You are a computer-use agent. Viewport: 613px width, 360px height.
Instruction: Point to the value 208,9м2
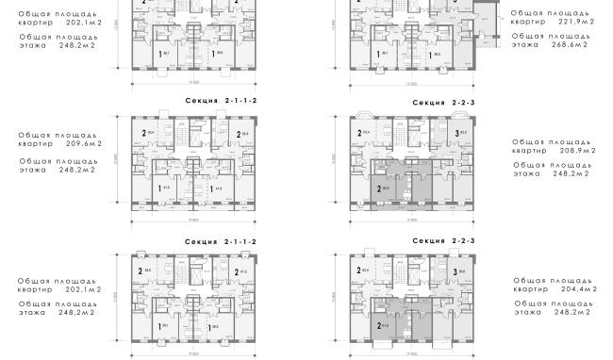coord(569,150)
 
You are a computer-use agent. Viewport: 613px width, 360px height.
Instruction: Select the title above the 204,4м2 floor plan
coord(443,241)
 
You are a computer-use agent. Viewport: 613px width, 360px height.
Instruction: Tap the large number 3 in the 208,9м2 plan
coord(456,134)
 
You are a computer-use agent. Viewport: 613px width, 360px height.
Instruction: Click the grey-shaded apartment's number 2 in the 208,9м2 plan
coord(379,189)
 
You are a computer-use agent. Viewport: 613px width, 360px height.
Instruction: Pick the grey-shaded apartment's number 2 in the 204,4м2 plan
coord(379,329)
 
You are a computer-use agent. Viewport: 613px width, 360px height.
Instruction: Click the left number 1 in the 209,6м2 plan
coord(157,188)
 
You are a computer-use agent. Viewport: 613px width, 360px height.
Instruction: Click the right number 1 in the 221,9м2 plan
coord(431,55)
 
